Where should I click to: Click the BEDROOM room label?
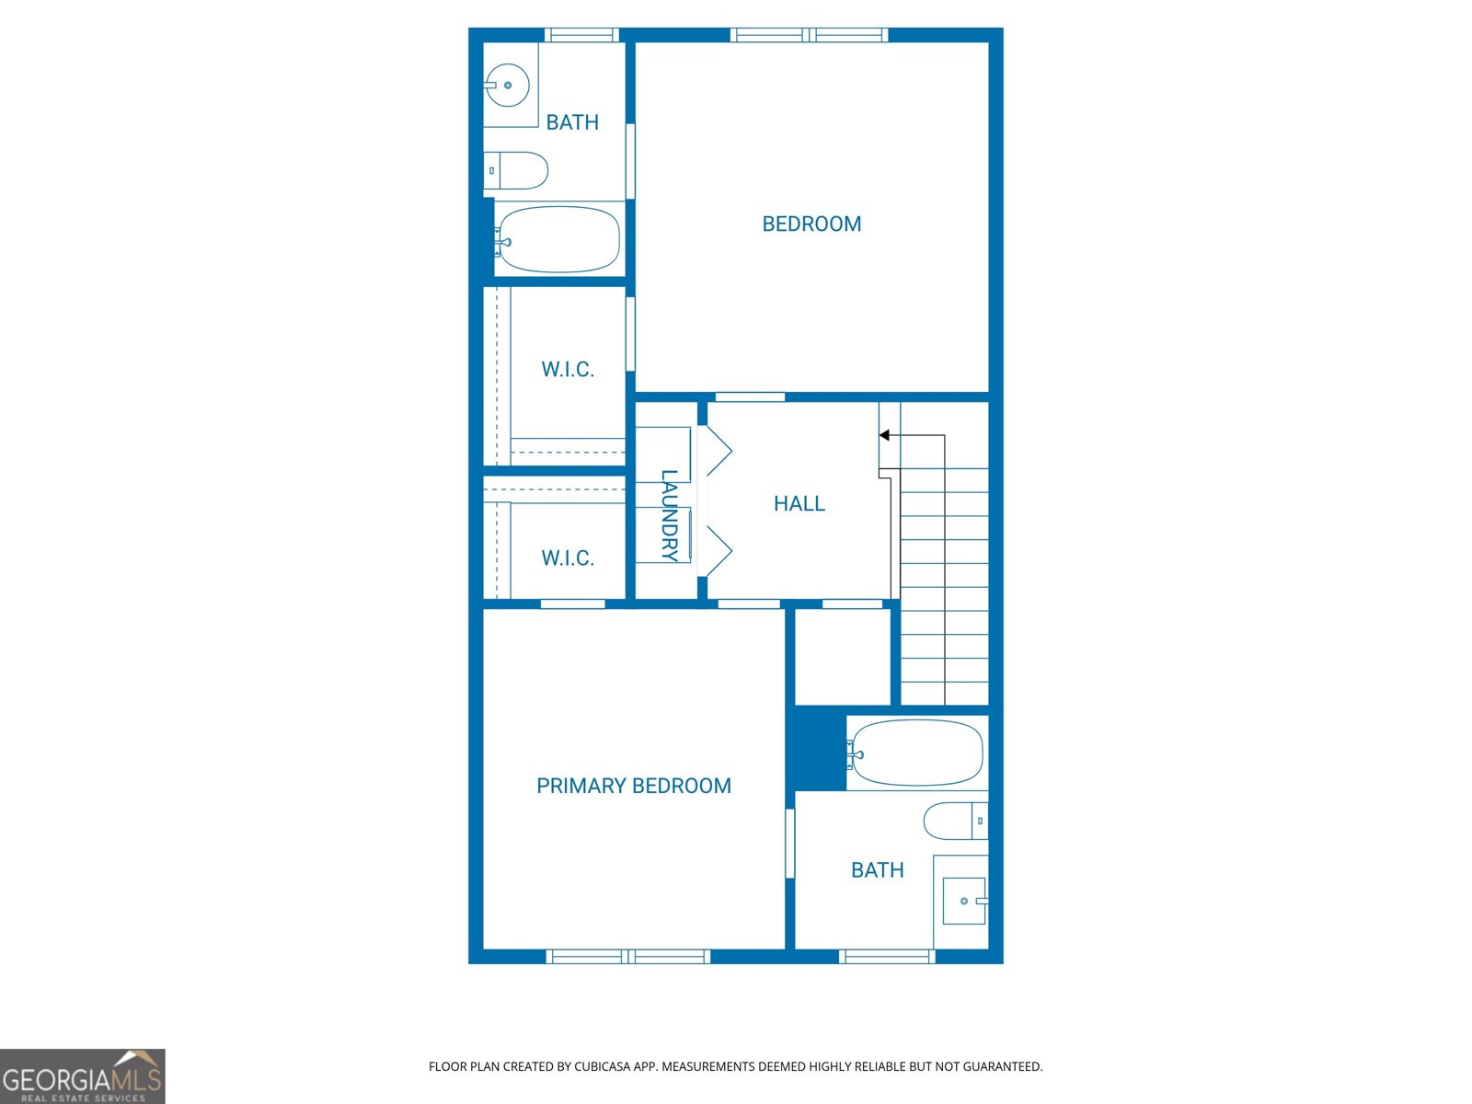click(811, 224)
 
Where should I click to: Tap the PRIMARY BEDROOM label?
click(634, 786)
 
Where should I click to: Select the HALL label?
click(799, 503)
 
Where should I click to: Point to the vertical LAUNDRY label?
click(670, 515)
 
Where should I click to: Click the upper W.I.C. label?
click(568, 369)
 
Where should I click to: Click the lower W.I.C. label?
click(568, 558)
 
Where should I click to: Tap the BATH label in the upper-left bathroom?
click(572, 122)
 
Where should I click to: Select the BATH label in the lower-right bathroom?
click(877, 870)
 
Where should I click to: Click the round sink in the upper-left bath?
click(507, 85)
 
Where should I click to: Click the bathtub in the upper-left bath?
click(558, 239)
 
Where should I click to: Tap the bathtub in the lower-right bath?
click(916, 753)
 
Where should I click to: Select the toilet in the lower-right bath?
click(955, 821)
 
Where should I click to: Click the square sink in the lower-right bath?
click(964, 901)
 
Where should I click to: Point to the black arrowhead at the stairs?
click(884, 435)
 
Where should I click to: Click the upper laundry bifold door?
click(718, 451)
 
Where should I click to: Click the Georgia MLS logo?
click(83, 1076)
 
